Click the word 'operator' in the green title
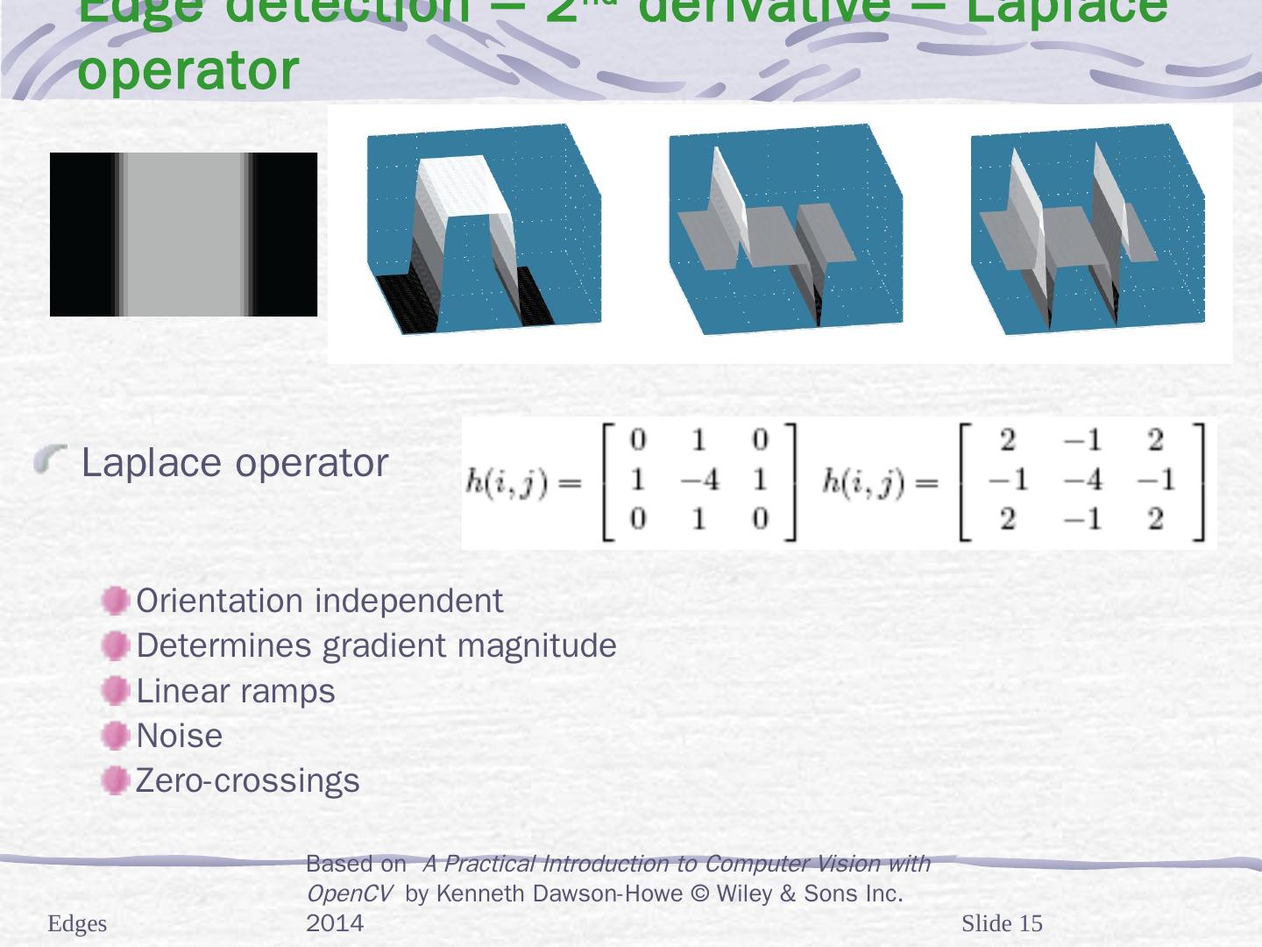188,70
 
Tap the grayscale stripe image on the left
183,234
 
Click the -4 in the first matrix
698,480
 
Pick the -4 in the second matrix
1081,480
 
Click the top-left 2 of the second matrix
1007,440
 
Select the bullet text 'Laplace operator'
234,462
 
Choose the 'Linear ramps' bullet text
236,691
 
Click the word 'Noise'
180,736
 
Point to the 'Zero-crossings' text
248,780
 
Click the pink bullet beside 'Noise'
115,736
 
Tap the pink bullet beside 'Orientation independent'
115,601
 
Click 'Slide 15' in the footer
1002,923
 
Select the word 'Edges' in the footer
77,923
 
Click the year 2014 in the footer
335,923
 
